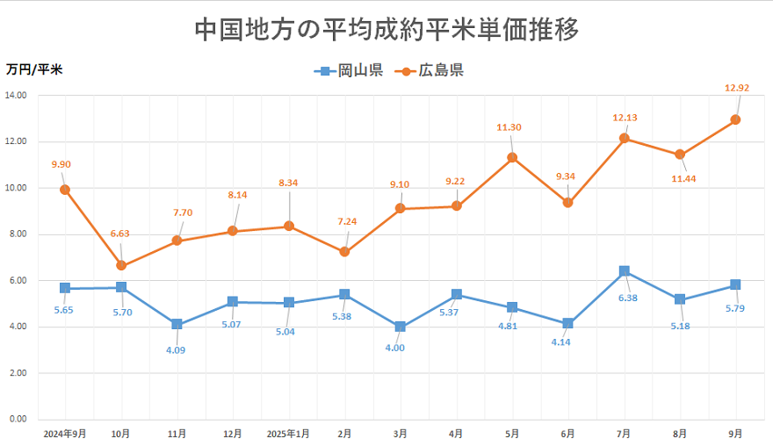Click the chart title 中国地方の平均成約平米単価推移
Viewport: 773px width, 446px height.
[x=386, y=30]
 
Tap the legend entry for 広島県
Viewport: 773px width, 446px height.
[x=430, y=71]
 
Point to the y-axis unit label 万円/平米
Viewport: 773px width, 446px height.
[x=34, y=69]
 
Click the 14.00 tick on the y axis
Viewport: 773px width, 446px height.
[x=16, y=95]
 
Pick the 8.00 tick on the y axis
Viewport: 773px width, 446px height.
[x=18, y=234]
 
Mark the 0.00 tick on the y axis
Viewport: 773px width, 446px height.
[x=18, y=419]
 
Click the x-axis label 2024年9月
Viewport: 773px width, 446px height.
[x=65, y=434]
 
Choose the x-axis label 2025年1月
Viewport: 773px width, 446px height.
[x=289, y=434]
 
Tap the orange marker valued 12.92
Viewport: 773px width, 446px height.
[x=736, y=119]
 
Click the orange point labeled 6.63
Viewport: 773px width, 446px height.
[x=121, y=266]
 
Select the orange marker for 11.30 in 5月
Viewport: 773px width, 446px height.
[x=512, y=158]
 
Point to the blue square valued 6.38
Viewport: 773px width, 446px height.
[x=625, y=271]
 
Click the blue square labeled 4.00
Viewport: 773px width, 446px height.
[x=401, y=327]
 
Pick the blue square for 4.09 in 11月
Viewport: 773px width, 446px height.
[x=177, y=325]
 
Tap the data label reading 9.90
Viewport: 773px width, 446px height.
[x=61, y=164]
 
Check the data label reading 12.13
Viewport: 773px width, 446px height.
[x=625, y=118]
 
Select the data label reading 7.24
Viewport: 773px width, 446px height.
[x=346, y=223]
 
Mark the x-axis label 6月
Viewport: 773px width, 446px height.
[x=568, y=434]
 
